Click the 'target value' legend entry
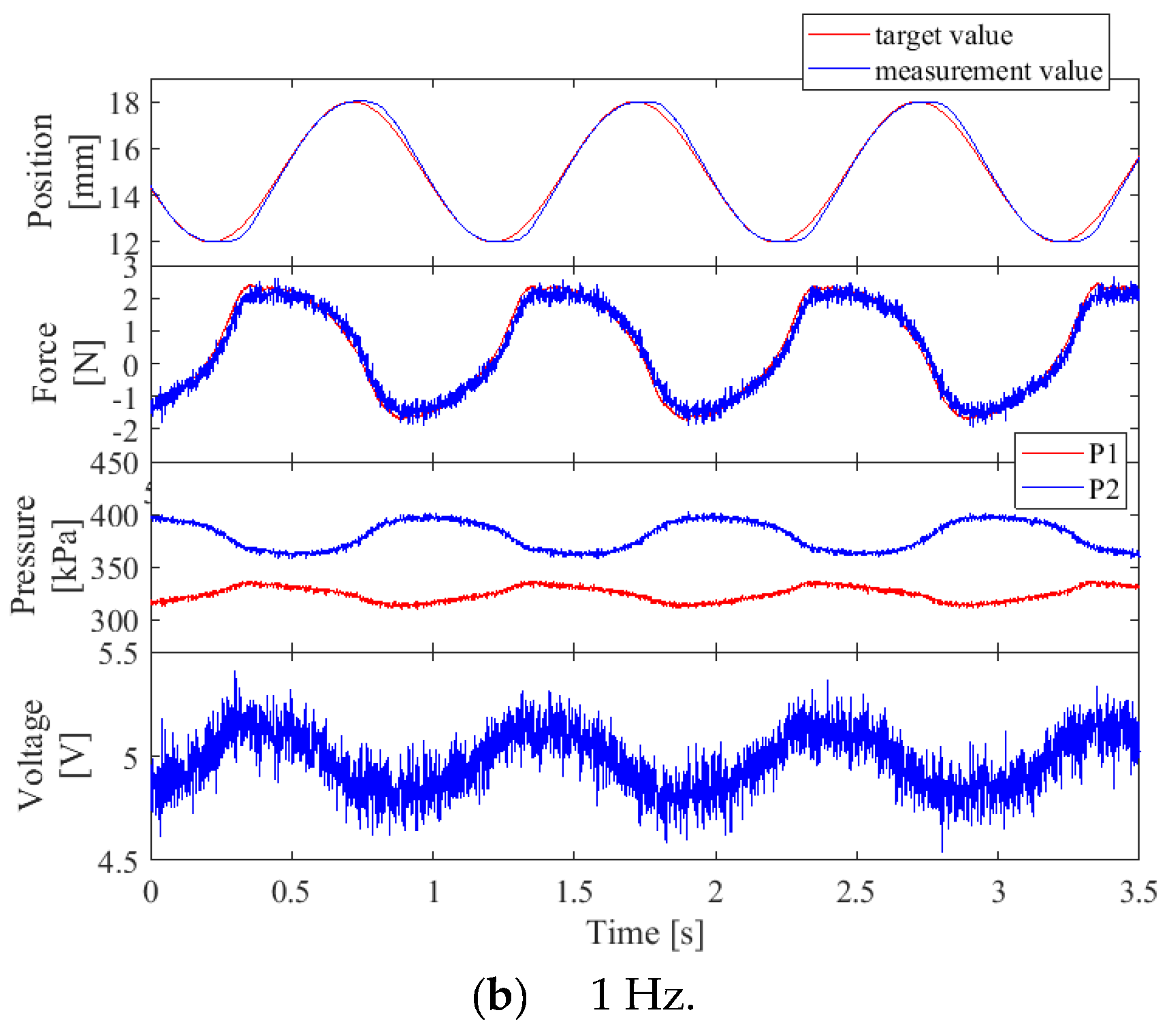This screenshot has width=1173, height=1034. click(x=943, y=35)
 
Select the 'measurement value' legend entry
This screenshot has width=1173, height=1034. click(x=988, y=71)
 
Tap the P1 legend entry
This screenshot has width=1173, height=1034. click(x=1103, y=453)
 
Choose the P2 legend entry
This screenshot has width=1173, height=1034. click(x=1103, y=489)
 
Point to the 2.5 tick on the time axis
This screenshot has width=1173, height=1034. click(x=856, y=892)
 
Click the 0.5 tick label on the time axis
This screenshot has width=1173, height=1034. click(x=291, y=892)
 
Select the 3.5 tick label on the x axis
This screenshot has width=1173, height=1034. click(x=1138, y=892)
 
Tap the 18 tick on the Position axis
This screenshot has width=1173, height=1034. click(x=124, y=103)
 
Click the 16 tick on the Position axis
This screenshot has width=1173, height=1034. click(x=124, y=149)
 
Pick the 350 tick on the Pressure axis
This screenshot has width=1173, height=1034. click(x=114, y=568)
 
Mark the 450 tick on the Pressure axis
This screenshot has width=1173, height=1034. click(x=114, y=464)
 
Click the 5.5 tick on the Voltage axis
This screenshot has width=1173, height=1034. click(x=118, y=654)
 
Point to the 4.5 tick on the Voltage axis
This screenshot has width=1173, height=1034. click(x=118, y=862)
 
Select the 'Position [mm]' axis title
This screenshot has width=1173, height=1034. click(x=61, y=170)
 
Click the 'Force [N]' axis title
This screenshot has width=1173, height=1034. click(x=67, y=362)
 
